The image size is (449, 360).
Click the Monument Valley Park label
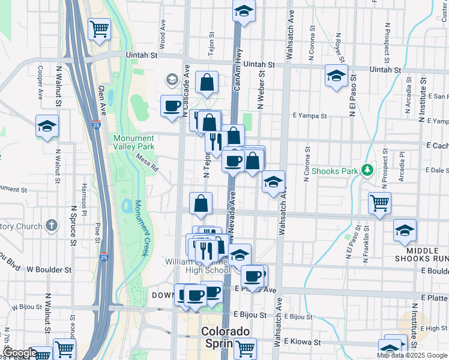(x=133, y=142)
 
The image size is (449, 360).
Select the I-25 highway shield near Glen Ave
(x=97, y=125)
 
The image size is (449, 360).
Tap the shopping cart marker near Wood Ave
(x=98, y=28)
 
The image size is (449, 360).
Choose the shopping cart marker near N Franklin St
(x=379, y=203)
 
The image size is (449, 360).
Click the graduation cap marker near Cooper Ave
(x=47, y=126)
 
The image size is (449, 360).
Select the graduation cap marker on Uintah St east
(x=336, y=76)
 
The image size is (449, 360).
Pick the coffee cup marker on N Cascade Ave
(x=172, y=106)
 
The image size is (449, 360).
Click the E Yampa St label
(x=310, y=116)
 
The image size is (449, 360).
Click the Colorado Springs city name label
(x=224, y=338)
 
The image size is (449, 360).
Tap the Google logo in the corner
(x=19, y=353)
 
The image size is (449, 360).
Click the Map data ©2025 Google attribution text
(x=412, y=355)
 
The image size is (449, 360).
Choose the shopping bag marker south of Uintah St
(x=206, y=83)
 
